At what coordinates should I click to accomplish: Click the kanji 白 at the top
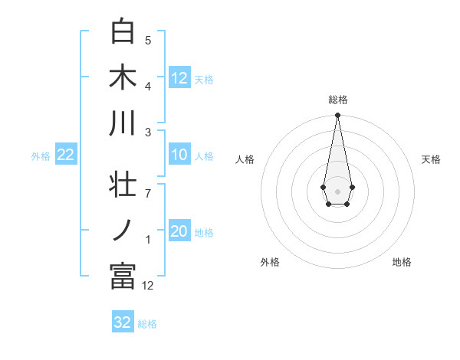(x=123, y=31)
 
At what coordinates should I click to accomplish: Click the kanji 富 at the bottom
(x=123, y=277)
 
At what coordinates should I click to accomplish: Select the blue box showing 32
(x=123, y=322)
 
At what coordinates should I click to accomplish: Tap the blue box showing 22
(x=66, y=155)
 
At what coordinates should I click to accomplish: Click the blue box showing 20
(x=179, y=232)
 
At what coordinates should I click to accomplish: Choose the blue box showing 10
(x=179, y=155)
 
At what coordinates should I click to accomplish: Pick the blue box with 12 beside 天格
(x=179, y=78)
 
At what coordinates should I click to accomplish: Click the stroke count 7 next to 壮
(x=148, y=193)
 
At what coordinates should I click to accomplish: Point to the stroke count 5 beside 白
(x=148, y=40)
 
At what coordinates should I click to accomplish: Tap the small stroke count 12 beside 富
(x=148, y=285)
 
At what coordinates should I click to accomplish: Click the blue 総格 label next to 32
(x=147, y=324)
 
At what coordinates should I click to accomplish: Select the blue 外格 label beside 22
(x=41, y=156)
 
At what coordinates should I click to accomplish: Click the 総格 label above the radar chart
(x=337, y=100)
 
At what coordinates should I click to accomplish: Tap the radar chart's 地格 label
(x=402, y=262)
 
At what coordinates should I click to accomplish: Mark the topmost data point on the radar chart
(x=337, y=116)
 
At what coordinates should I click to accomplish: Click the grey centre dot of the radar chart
(x=337, y=190)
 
